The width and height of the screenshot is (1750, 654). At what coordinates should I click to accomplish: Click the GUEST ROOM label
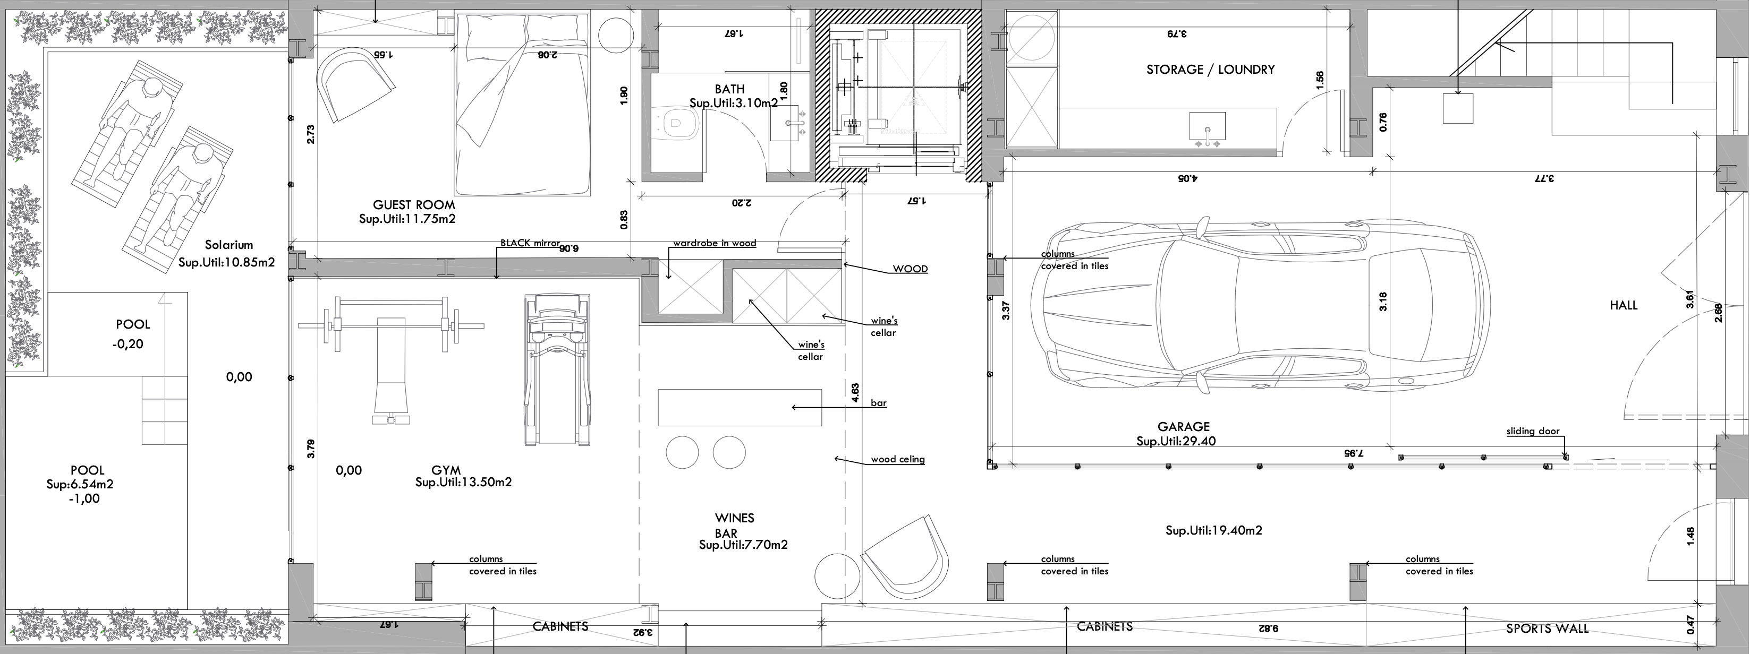(414, 204)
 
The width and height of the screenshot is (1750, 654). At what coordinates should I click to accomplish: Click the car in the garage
(1260, 306)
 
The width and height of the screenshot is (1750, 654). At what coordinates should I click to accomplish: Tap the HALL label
(1623, 306)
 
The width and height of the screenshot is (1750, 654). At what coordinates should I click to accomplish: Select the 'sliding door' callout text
(1533, 431)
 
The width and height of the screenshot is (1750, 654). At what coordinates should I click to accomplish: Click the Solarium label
(229, 245)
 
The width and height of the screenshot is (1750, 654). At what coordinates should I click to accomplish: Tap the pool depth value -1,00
(85, 498)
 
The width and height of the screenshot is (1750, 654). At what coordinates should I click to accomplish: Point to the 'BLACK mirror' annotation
(530, 243)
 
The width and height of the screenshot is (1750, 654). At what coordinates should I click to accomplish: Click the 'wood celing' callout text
(897, 460)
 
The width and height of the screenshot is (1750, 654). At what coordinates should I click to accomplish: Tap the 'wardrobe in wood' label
(714, 243)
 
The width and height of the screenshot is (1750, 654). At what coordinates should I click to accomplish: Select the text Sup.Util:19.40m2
(1213, 530)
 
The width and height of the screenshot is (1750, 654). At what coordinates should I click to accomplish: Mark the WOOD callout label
(910, 269)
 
